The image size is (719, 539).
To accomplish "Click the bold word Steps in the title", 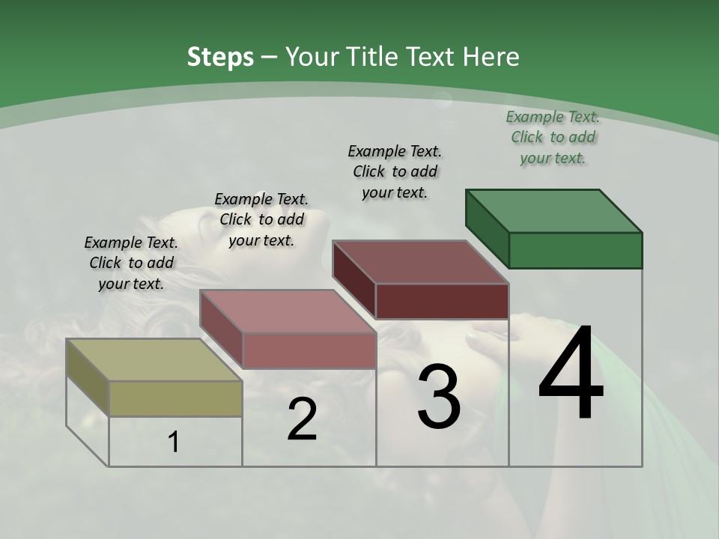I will (x=220, y=57).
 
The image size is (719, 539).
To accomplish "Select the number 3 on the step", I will (x=439, y=397).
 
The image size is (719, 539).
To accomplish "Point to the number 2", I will (x=302, y=420).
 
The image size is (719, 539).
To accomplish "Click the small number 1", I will (x=173, y=442).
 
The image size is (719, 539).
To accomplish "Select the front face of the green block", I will (x=575, y=250).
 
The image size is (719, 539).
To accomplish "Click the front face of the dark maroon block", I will (x=442, y=301).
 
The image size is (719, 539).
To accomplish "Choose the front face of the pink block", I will (x=309, y=350).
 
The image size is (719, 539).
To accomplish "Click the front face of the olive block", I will (x=175, y=398).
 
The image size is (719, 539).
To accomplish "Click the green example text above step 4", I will (x=553, y=138).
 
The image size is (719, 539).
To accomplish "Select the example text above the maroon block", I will (x=395, y=171).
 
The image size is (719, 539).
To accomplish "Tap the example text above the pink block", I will (x=261, y=220).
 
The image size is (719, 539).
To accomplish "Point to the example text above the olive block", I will (x=131, y=264).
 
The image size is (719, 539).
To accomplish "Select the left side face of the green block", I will (x=487, y=227).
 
